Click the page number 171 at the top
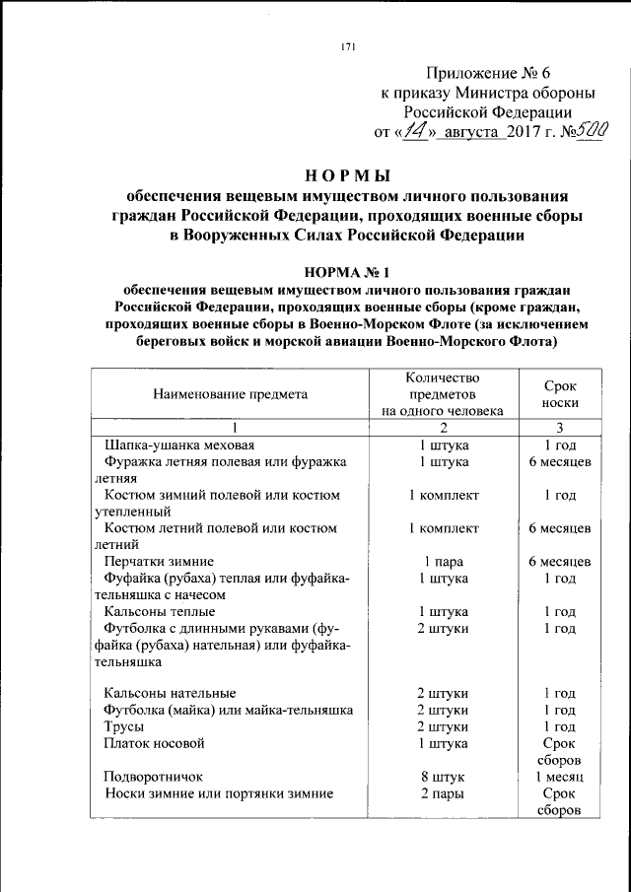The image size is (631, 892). (347, 46)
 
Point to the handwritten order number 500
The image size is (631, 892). (591, 131)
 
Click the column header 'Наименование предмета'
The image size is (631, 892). (230, 394)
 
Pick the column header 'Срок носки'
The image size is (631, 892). (559, 394)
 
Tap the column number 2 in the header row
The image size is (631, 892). (444, 428)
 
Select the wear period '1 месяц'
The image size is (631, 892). (559, 777)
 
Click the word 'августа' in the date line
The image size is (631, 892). (468, 133)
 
